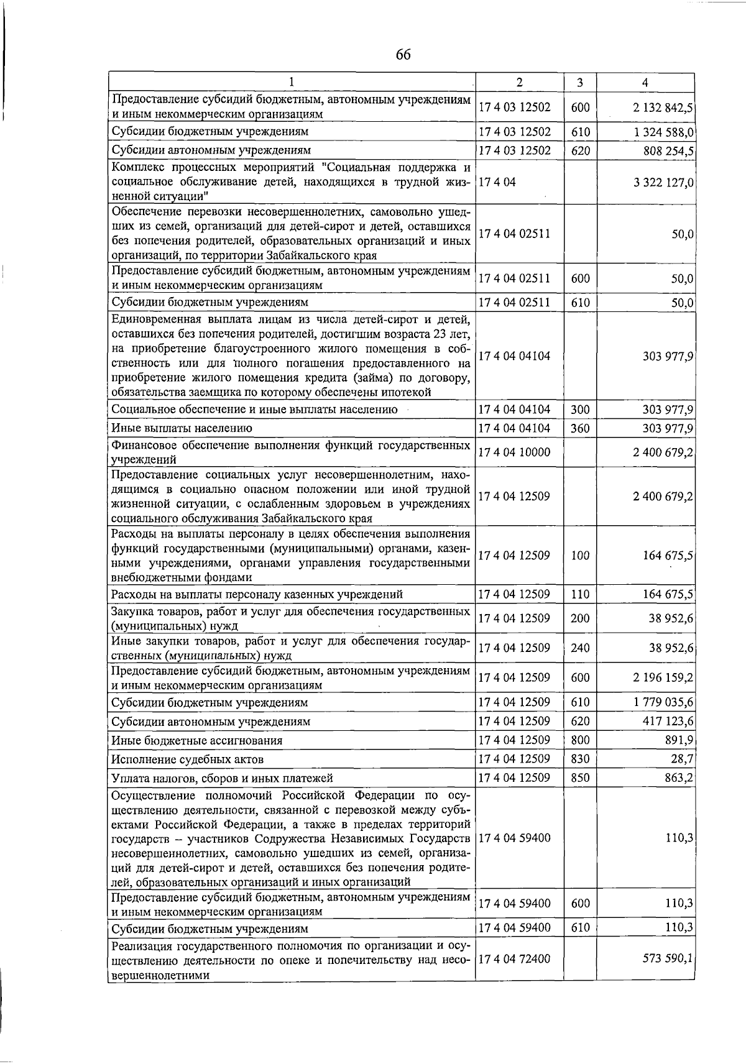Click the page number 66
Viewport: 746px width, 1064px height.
pyautogui.click(x=403, y=55)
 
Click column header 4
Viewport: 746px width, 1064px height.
pyautogui.click(x=645, y=83)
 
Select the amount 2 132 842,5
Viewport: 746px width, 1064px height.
pyautogui.click(x=663, y=108)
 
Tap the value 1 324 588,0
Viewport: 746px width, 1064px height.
pyautogui.click(x=663, y=132)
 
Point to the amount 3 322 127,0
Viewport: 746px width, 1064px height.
pyautogui.click(x=663, y=182)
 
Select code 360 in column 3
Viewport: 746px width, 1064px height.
pyautogui.click(x=580, y=428)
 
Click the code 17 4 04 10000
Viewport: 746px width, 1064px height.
pyautogui.click(x=514, y=452)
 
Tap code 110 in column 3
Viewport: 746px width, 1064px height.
pyautogui.click(x=580, y=594)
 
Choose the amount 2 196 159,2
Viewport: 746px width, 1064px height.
pyautogui.click(x=663, y=677)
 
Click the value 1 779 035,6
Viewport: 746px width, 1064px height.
pyautogui.click(x=663, y=703)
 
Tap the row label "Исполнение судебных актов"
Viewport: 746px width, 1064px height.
pyautogui.click(x=187, y=759)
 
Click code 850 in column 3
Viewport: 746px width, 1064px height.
pyautogui.click(x=580, y=777)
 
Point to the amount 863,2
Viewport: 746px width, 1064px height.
pyautogui.click(x=679, y=777)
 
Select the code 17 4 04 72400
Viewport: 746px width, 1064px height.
pyautogui.click(x=514, y=959)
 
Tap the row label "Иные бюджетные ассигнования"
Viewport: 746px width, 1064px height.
pyautogui.click(x=196, y=741)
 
